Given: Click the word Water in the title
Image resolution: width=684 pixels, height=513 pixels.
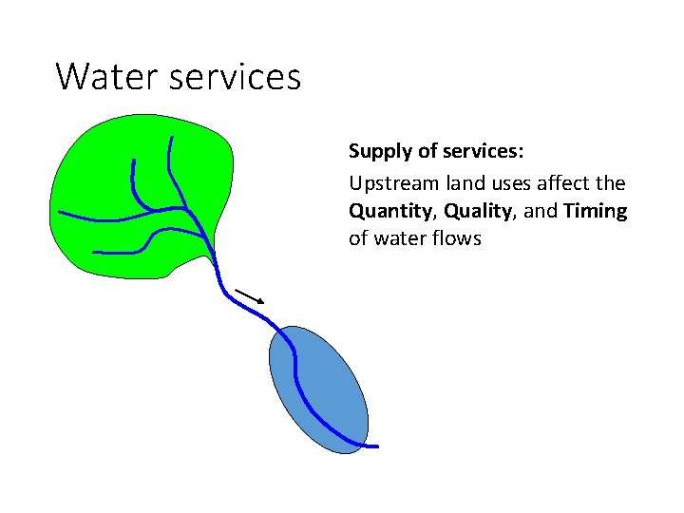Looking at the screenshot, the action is click(107, 76).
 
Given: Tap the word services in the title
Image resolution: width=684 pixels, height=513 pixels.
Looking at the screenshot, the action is click(237, 76).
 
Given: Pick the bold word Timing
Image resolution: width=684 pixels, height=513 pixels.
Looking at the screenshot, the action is click(595, 210).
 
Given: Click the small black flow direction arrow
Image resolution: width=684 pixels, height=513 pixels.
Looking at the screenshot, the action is click(250, 296).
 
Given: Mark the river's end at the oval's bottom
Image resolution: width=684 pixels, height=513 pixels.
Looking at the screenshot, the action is click(374, 446).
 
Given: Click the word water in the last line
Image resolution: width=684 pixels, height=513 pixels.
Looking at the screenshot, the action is click(398, 238).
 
